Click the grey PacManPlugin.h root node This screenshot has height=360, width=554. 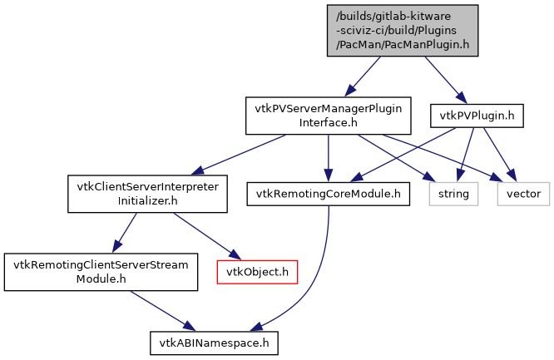(x=403, y=30)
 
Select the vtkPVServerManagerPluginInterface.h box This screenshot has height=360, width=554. (x=328, y=116)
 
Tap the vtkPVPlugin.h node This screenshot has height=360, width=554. (x=476, y=116)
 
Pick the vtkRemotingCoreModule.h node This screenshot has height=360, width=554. (x=329, y=195)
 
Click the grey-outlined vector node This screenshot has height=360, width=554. (x=523, y=195)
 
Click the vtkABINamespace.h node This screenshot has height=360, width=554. (x=214, y=342)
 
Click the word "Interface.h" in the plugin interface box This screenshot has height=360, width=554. (x=328, y=123)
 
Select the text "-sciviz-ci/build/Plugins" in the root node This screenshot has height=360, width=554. (x=403, y=30)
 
